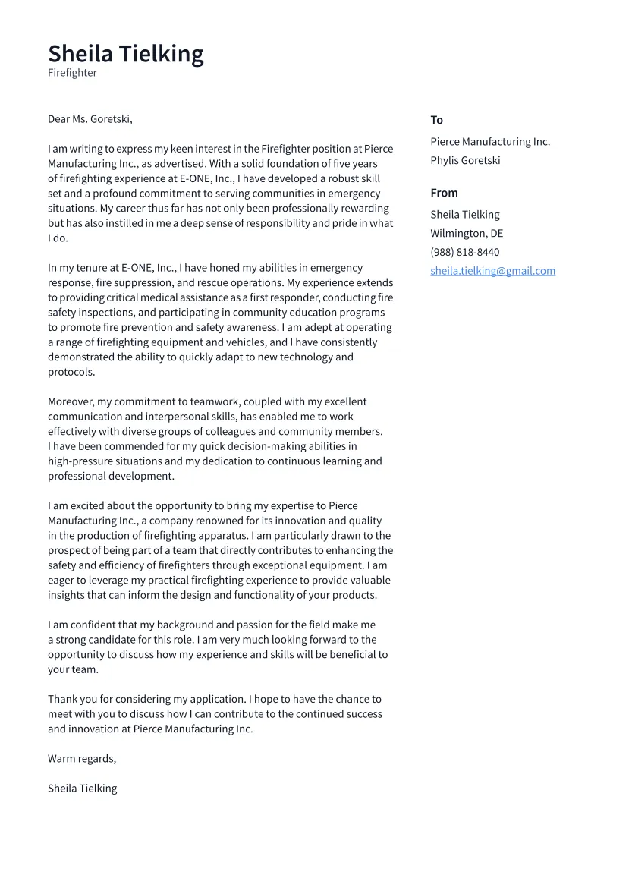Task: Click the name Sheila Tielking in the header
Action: click(126, 54)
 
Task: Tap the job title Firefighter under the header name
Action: click(72, 73)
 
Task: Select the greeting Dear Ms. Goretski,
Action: click(90, 119)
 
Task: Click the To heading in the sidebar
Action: click(436, 120)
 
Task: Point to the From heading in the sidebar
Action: click(444, 193)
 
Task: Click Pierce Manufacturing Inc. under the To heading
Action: click(490, 142)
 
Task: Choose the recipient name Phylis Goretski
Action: click(465, 160)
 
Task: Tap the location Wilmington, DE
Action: click(467, 233)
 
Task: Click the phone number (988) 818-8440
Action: click(465, 252)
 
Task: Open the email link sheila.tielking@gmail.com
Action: click(492, 271)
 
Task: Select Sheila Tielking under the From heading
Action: click(465, 215)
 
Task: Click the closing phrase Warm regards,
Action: click(82, 758)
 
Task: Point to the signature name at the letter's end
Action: click(83, 789)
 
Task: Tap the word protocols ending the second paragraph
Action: click(71, 372)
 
